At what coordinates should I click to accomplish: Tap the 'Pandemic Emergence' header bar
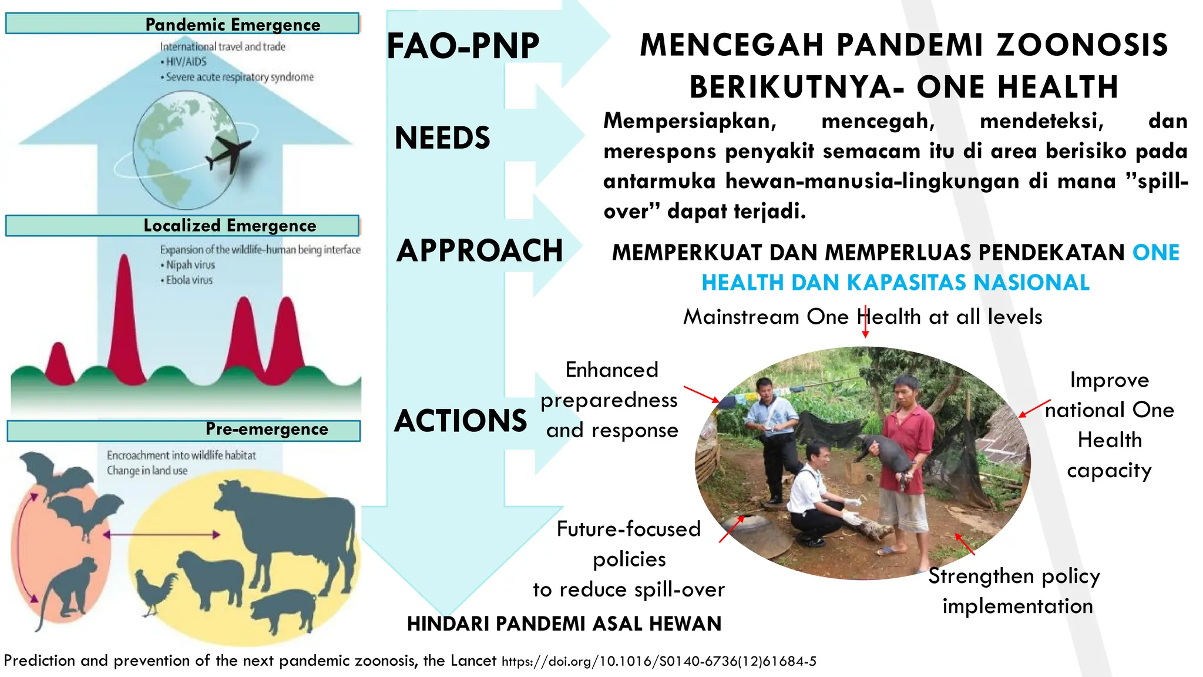182,24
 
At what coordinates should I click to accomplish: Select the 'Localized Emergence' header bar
182,226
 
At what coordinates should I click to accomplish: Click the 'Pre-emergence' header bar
183,430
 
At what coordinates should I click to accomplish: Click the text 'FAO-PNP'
463,46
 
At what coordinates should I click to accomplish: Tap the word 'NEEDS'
442,138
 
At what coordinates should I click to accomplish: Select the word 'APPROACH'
479,251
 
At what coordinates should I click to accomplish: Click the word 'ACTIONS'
461,421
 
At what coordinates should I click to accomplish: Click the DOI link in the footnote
658,662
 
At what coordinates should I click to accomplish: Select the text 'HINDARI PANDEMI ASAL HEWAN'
564,624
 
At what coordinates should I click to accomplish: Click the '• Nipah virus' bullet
188,265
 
